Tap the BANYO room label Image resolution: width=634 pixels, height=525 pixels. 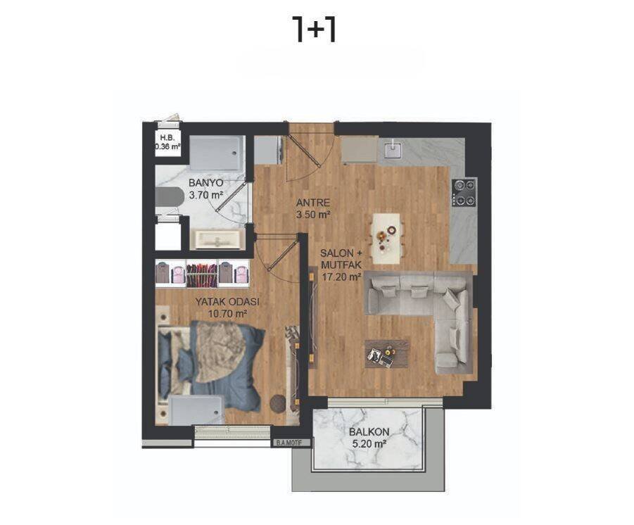(205, 183)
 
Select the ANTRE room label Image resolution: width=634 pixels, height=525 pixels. (313, 203)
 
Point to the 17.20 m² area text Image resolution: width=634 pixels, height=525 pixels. (341, 277)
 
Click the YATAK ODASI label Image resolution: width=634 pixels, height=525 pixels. (227, 302)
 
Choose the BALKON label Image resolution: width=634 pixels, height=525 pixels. (369, 432)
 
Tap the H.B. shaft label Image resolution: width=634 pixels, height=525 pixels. (167, 137)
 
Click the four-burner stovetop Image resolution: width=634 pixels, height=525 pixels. (464, 193)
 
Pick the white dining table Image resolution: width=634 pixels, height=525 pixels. (387, 239)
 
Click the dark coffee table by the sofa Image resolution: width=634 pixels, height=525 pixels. (386, 354)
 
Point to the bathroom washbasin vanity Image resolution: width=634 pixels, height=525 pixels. (217, 239)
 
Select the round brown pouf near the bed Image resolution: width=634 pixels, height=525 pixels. (279, 403)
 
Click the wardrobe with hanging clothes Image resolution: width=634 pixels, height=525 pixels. (203, 274)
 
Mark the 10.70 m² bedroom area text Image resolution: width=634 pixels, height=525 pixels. (227, 313)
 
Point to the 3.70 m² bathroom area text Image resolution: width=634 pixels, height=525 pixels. (205, 195)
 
